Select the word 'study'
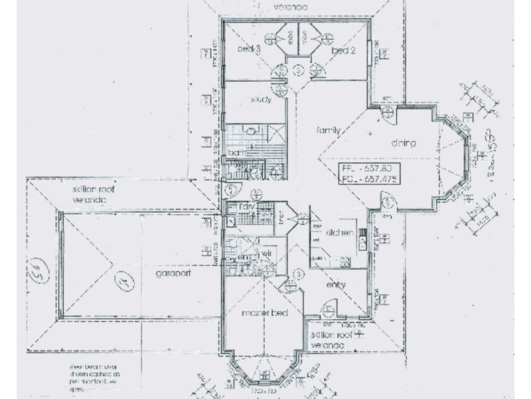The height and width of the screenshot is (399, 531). pos(260,100)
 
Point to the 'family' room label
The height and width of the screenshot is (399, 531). pos(328,131)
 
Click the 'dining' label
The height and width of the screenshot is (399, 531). pos(402,143)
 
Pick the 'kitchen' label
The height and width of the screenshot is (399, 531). pos(339,233)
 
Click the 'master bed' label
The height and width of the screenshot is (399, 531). pos(264,313)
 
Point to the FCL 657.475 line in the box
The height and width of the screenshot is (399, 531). pos(366,180)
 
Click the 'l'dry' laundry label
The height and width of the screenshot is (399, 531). pos(248,206)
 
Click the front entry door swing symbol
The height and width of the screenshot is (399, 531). pos(328,311)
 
